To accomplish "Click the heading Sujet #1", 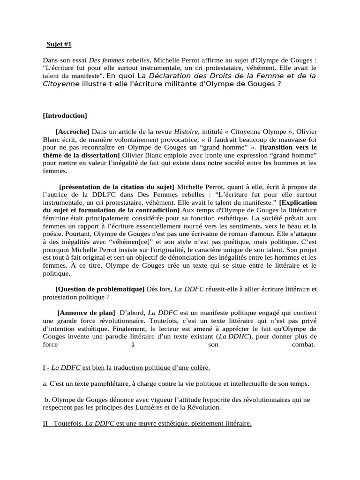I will pos(59,45).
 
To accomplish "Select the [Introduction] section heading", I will pos(65,115).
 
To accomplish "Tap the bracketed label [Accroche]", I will pos(72,132).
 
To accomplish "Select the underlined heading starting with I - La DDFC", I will pos(126,368).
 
